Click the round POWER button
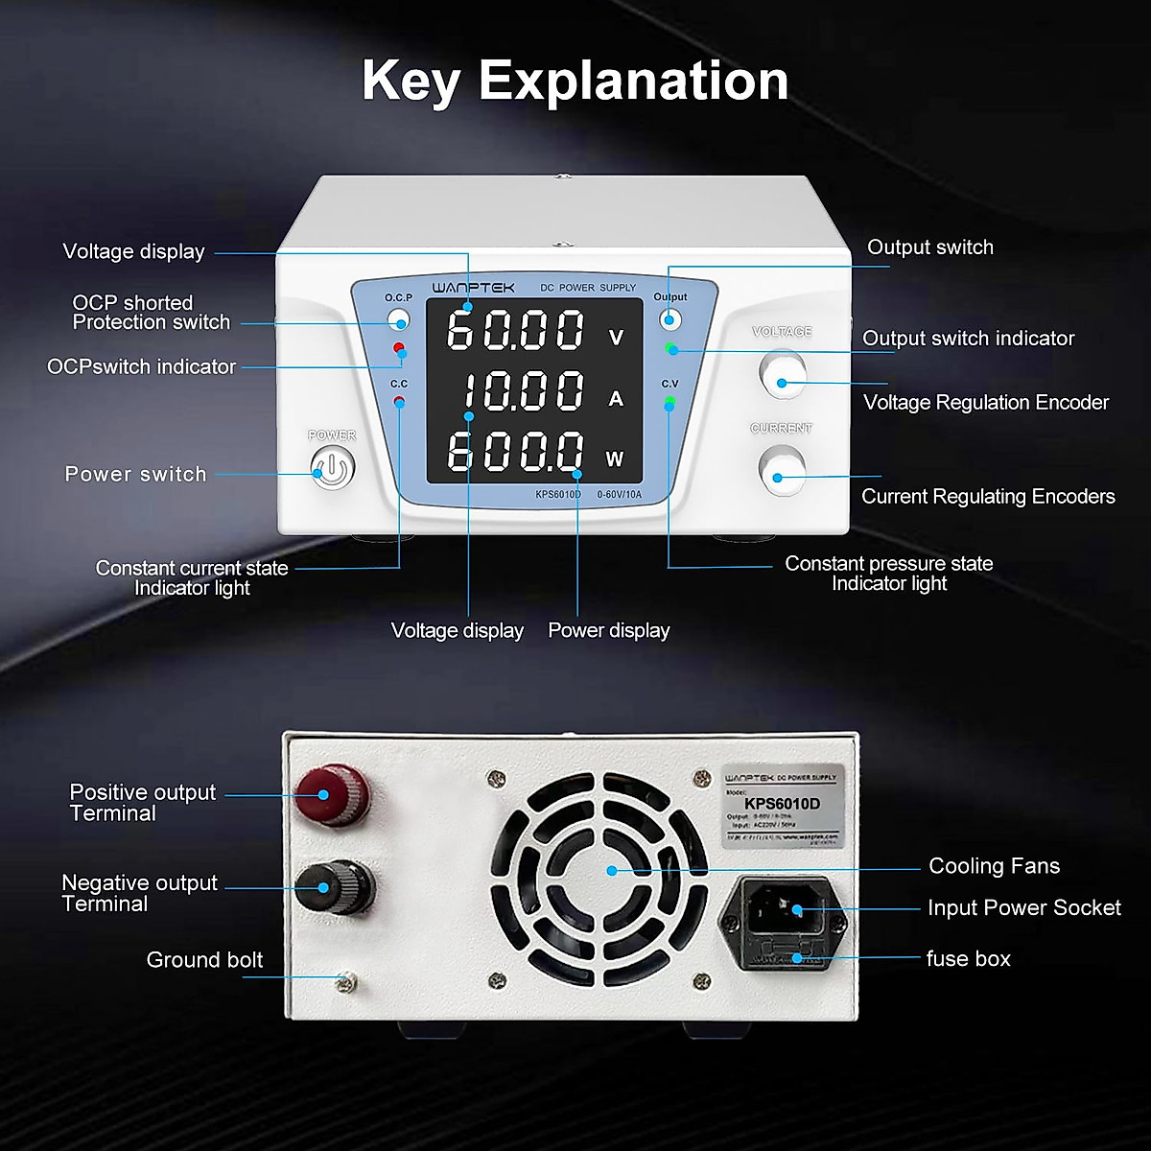[332, 469]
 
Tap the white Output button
[670, 318]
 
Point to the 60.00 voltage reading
[516, 330]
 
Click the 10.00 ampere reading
[523, 391]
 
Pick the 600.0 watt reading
[516, 452]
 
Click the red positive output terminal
[331, 794]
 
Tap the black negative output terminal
[333, 886]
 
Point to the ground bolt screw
[346, 980]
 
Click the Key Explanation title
[575, 81]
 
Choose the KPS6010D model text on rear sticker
[782, 804]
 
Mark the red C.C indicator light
[399, 401]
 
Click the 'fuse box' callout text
[968, 958]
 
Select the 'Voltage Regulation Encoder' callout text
[985, 403]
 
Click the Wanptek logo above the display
[473, 287]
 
